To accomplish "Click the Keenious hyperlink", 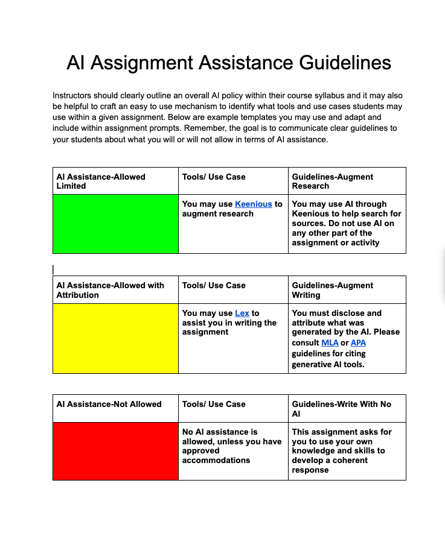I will (x=253, y=204).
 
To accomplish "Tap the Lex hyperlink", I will (x=242, y=313).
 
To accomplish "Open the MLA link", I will (x=330, y=343).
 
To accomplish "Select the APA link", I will (x=358, y=343).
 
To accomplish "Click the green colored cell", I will (x=115, y=224).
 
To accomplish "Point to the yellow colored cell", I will (x=115, y=338).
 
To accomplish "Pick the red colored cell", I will (x=115, y=451).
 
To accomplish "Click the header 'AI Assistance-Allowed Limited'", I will (x=101, y=181).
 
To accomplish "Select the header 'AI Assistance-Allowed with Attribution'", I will (x=110, y=290).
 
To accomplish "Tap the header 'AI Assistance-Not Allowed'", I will (x=109, y=404).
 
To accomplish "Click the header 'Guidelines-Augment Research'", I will (x=332, y=181).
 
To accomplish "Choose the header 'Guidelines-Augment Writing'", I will (x=332, y=290).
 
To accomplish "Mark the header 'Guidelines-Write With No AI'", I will (x=341, y=409).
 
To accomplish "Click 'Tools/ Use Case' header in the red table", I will (x=214, y=404).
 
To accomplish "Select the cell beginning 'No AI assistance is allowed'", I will (x=232, y=446).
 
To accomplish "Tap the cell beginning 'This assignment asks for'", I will (x=342, y=450).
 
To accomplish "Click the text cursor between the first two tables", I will (x=53, y=270).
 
